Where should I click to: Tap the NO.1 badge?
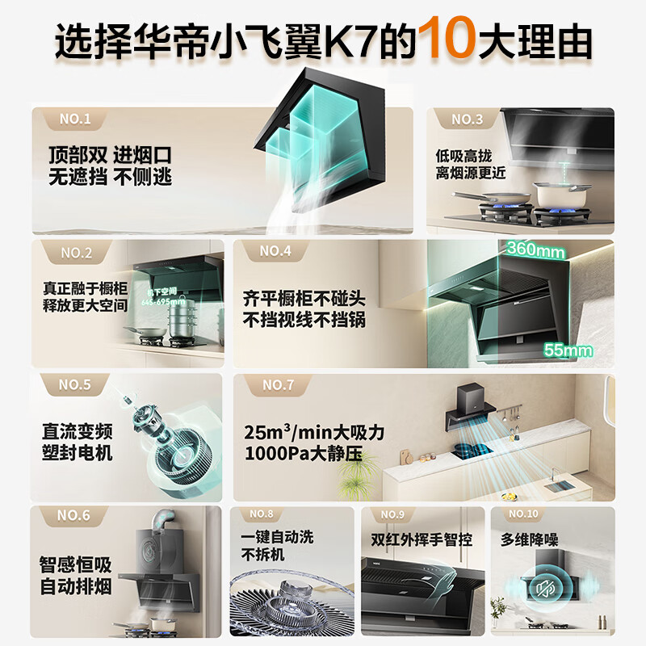click(74, 120)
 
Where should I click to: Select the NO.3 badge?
click(467, 120)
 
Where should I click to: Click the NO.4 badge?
click(275, 251)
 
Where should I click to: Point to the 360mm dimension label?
click(535, 250)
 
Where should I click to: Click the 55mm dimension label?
click(568, 350)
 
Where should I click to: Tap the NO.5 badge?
click(74, 384)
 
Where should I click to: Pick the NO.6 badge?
click(74, 515)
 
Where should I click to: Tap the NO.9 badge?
click(392, 514)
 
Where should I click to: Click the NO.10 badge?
click(522, 514)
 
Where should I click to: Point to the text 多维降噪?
click(529, 539)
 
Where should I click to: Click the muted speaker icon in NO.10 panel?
click(547, 590)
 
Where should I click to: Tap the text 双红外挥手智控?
click(421, 539)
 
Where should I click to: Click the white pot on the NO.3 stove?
click(552, 194)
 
